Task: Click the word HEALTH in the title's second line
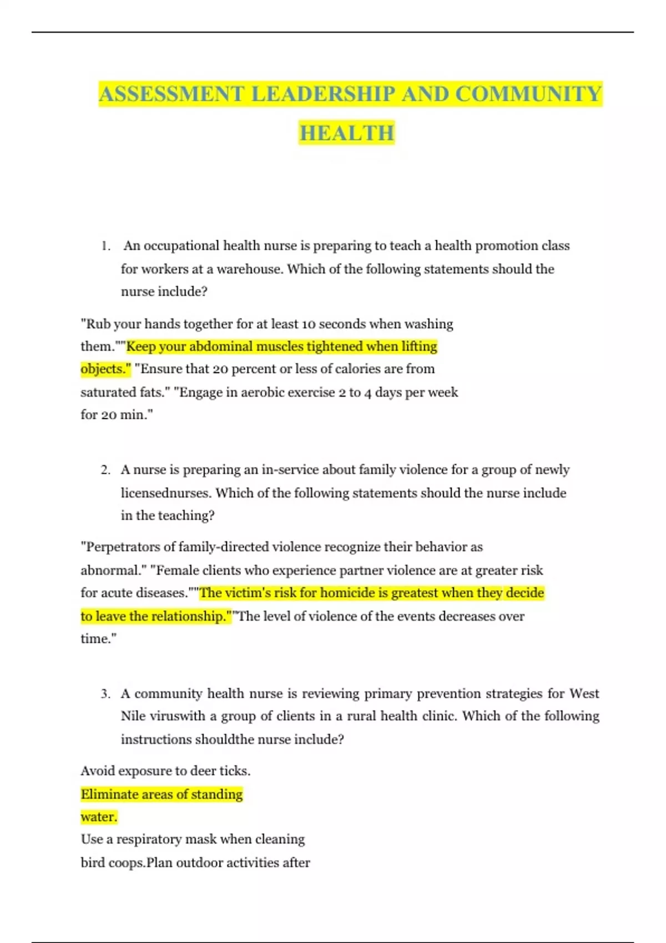tap(347, 133)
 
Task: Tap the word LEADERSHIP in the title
tap(323, 94)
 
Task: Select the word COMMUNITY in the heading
tap(528, 94)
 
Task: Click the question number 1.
tap(105, 246)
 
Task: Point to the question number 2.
tap(105, 470)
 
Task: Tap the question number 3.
tap(105, 694)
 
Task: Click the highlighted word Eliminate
tap(109, 794)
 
